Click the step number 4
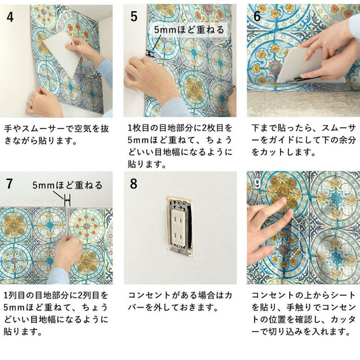point(10,17)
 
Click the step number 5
point(134,16)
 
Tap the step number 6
point(257,16)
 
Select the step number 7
point(9,184)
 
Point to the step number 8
point(134,184)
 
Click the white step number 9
point(258,184)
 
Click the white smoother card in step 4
point(62,53)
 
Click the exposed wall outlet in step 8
point(179,226)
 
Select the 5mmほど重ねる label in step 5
point(189,30)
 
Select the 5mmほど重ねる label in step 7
point(67,185)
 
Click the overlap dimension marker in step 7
point(67,201)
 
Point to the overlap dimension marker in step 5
point(151,54)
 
